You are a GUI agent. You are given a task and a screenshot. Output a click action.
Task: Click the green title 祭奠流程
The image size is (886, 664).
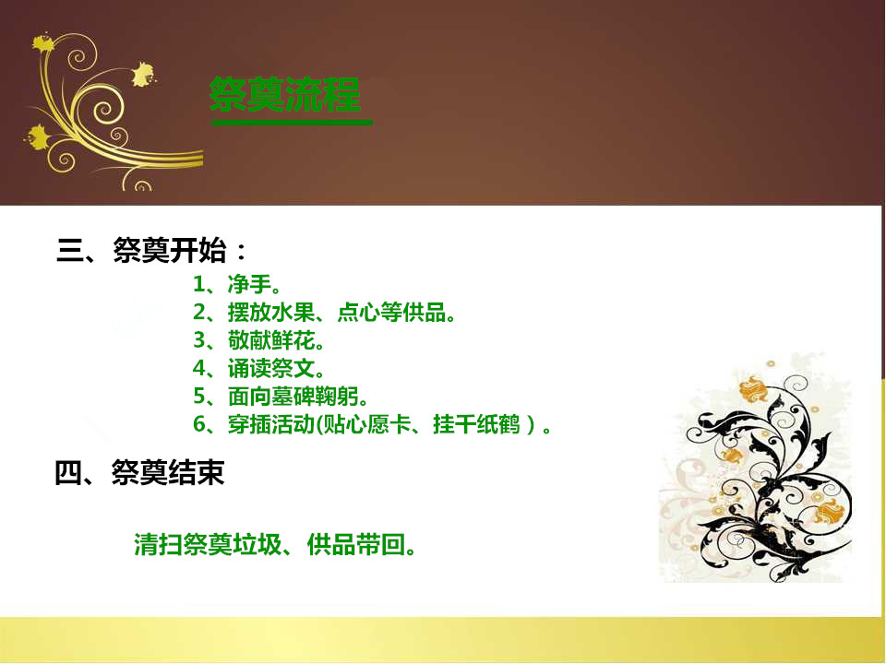tap(285, 94)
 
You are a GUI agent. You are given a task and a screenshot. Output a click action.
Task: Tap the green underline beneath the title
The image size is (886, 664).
tap(292, 122)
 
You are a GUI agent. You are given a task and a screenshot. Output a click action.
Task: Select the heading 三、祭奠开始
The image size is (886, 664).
tap(151, 250)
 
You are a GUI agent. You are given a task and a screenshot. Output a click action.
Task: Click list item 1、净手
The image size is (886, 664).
tap(237, 284)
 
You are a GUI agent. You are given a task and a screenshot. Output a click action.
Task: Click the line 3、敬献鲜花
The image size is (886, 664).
tap(259, 340)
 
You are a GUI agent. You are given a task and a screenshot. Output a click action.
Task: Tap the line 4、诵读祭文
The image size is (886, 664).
tap(259, 369)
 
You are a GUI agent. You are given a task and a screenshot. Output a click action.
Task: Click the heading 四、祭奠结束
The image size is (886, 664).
tap(139, 472)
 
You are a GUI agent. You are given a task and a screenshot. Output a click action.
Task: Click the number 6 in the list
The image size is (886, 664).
tap(199, 424)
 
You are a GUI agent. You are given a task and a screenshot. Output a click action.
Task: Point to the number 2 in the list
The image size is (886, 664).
tap(199, 313)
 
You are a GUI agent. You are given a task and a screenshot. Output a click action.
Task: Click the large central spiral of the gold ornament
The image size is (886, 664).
tap(103, 110)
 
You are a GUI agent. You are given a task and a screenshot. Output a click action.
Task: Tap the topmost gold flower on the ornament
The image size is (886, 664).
tap(43, 43)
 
